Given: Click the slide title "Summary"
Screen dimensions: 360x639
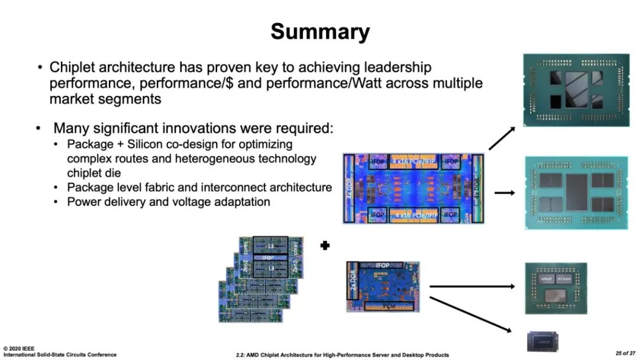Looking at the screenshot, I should coord(320,31).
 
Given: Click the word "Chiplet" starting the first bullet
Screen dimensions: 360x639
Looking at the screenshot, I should coord(72,67).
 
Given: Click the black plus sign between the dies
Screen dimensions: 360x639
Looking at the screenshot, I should coord(324,246).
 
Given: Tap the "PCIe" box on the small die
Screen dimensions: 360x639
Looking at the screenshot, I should coord(389,306).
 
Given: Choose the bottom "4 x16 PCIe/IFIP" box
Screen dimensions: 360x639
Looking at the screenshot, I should coord(414,214).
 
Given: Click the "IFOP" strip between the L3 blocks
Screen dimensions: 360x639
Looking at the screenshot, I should coord(270,259).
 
